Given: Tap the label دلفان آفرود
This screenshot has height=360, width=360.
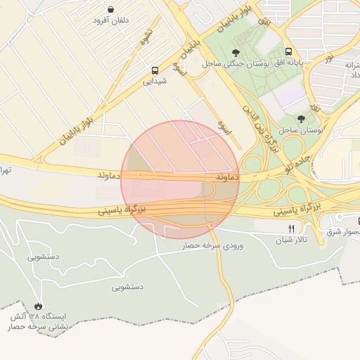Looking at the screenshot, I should coord(111,20).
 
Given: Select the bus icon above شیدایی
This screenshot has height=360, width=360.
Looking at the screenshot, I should coord(154,70).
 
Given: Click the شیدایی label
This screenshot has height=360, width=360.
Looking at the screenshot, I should coord(155,82).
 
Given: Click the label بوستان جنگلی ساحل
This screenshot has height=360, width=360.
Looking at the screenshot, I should coord(233,64).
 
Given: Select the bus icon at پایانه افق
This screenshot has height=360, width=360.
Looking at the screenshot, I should coord(289,52).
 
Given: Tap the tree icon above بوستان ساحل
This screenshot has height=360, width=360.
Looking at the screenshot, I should coord(301,120).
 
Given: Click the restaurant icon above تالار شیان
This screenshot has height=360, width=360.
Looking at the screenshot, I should coord(291,229).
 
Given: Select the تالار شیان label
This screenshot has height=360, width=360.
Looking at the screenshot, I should coord(292,240).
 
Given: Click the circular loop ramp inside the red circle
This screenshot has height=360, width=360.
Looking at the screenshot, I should coord(208,190).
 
